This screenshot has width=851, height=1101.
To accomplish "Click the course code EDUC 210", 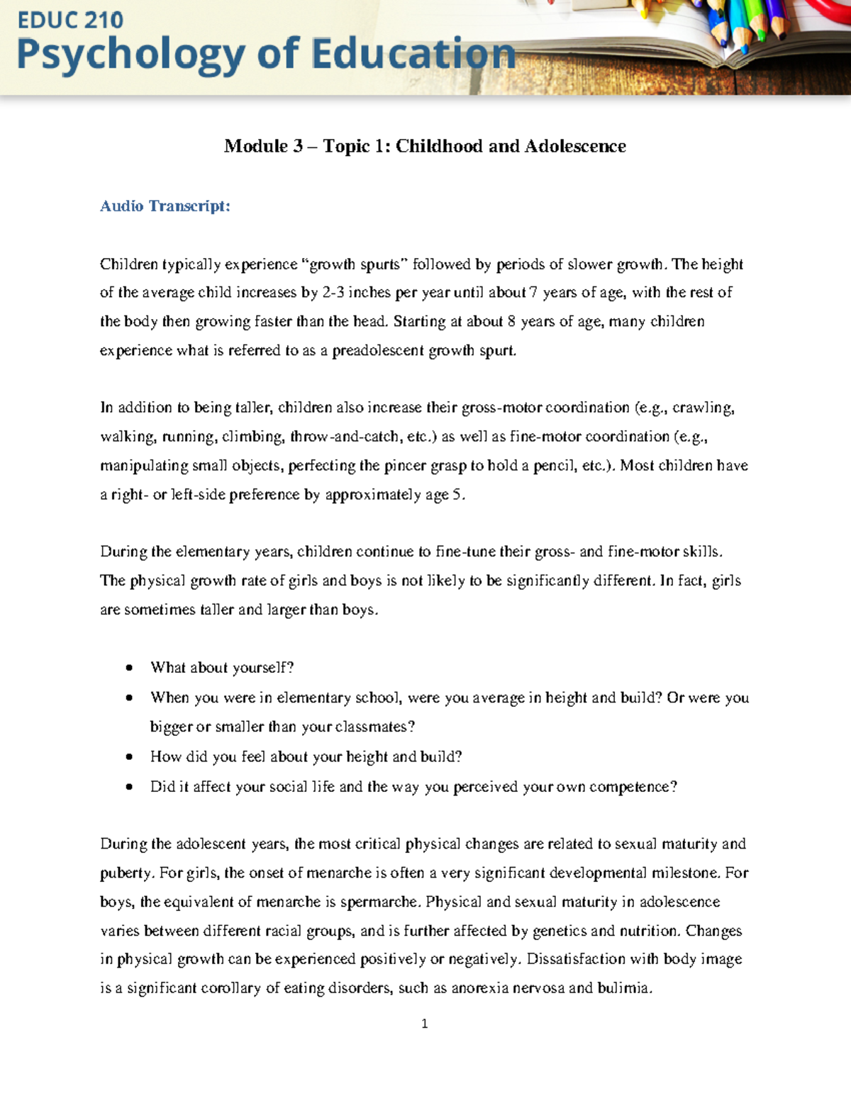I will [x=69, y=20].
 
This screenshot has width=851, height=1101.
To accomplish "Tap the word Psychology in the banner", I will [x=130, y=56].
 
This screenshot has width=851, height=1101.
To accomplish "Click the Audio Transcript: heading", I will [x=165, y=206].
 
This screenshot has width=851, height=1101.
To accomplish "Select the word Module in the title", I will [x=255, y=147].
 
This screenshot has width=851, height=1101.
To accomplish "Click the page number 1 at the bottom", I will [x=424, y=1024].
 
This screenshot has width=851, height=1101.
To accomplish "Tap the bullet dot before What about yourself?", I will [x=128, y=668].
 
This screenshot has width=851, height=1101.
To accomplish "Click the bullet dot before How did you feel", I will [x=128, y=757].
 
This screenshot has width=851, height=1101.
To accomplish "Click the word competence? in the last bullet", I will [x=633, y=787].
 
